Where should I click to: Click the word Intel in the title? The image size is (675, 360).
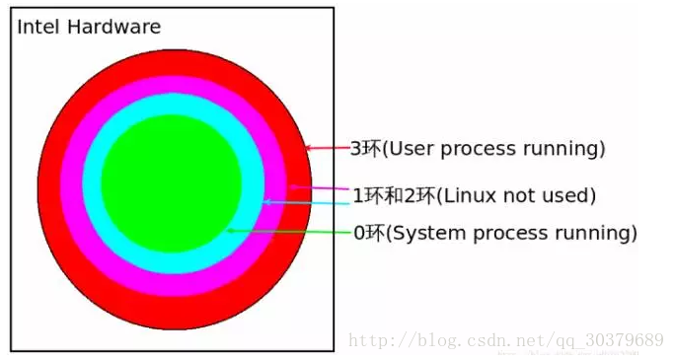pos(35,27)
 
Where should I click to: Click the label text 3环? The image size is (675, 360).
pos(364,149)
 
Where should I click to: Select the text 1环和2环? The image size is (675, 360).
pos(392,195)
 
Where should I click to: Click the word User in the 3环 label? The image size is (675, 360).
pos(406,149)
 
